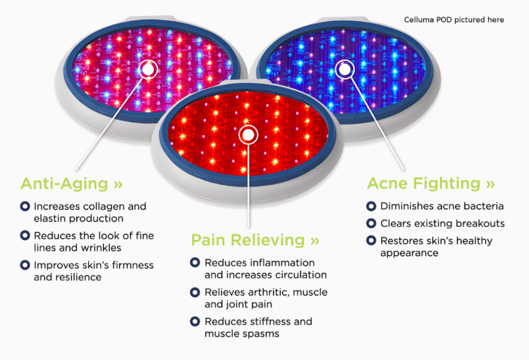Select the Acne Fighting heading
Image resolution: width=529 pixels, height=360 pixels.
[x=424, y=183]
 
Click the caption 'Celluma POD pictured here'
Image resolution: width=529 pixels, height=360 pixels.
[x=454, y=20]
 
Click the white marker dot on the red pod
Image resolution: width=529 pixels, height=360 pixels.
[x=248, y=135]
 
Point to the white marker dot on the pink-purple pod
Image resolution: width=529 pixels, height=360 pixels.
[x=149, y=69]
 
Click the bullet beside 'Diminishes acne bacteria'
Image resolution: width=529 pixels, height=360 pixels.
[x=370, y=206]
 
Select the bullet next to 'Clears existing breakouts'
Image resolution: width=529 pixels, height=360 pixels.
[x=370, y=224]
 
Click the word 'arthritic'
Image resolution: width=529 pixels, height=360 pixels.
[x=268, y=292]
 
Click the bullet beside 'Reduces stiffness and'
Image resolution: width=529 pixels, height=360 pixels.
[x=195, y=321]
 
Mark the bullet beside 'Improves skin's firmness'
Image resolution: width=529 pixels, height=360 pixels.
[x=24, y=265]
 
